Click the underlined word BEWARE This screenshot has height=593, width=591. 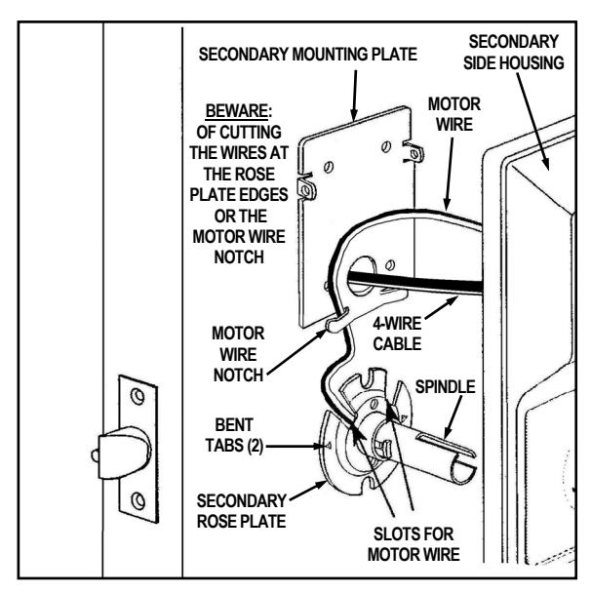pos(237,111)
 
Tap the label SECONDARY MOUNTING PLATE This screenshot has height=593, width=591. pos(308,55)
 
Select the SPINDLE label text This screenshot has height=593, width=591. pos(445,387)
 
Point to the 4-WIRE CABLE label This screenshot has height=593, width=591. pos(397,334)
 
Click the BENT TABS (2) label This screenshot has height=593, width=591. pos(234,435)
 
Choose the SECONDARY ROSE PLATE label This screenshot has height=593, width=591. pos(242,511)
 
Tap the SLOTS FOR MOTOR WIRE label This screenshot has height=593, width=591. pos(414,544)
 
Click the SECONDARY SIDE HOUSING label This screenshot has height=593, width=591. pos(514,53)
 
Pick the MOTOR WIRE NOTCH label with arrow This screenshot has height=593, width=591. pos(238,354)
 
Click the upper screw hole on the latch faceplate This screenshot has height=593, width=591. pos(138,396)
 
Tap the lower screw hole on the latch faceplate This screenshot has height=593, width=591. pos(138,500)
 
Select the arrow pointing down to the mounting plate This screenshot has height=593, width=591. pos(355,96)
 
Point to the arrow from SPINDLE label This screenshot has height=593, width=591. pos(453,417)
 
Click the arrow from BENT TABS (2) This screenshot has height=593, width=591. pos(295,447)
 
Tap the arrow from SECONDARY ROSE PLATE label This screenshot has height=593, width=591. pos(308,491)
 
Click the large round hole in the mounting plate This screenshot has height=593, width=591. pos(360,275)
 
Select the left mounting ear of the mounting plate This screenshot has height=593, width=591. pos(306,187)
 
